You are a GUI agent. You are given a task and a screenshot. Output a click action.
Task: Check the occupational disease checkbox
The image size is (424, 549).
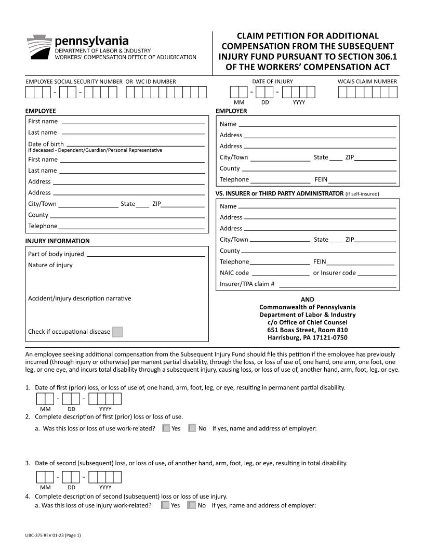pyautogui.click(x=117, y=332)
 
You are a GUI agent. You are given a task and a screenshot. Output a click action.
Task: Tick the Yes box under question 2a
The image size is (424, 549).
pyautogui.click(x=166, y=428)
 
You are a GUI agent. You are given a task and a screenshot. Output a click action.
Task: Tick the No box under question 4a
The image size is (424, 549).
pyautogui.click(x=192, y=505)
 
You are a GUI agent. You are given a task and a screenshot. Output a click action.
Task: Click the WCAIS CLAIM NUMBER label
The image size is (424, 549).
pyautogui.click(x=367, y=81)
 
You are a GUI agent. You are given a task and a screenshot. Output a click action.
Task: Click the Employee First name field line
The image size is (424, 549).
pyautogui.click(x=132, y=122)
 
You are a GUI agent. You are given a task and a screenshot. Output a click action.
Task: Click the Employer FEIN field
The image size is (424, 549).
pyautogui.click(x=362, y=180)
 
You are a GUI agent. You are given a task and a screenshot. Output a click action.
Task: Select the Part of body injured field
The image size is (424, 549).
pyautogui.click(x=145, y=254)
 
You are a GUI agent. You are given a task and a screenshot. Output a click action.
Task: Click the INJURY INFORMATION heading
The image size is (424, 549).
pyautogui.click(x=57, y=241)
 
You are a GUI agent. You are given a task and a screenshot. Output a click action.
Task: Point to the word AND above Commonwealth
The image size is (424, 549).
pyautogui.click(x=308, y=299)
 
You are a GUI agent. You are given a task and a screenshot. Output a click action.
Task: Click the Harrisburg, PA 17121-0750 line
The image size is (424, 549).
pyautogui.click(x=308, y=337)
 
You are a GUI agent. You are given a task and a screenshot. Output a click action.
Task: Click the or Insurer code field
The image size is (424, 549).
pyautogui.click(x=376, y=273)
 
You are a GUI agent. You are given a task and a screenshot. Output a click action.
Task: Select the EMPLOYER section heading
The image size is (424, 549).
pyautogui.click(x=231, y=111)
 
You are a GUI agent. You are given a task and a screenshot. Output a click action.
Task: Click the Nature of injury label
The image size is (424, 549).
pyautogui.click(x=50, y=265)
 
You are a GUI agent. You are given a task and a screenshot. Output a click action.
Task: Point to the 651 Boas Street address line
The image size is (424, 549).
pyautogui.click(x=308, y=330)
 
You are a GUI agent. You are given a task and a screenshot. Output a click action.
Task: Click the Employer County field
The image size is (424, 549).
pyautogui.click(x=319, y=168)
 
